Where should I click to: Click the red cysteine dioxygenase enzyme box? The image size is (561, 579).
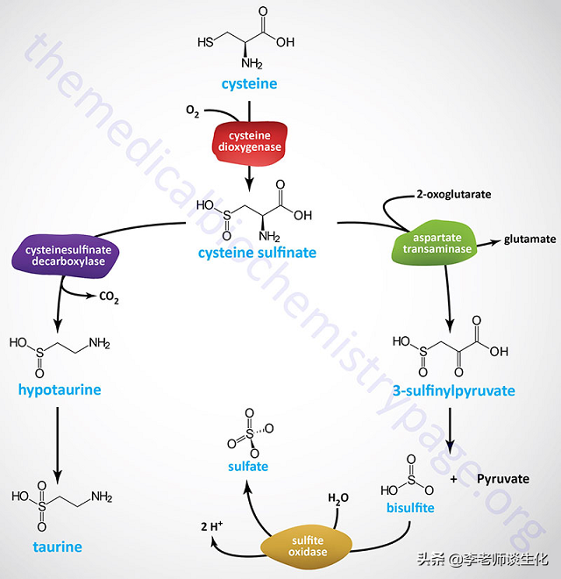pyautogui.click(x=250, y=141)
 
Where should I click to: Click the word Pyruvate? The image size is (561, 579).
pyautogui.click(x=503, y=478)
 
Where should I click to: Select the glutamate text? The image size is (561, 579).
pyautogui.click(x=529, y=239)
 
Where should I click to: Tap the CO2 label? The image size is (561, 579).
pyautogui.click(x=108, y=298)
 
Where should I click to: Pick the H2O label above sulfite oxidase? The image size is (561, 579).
pyautogui.click(x=338, y=498)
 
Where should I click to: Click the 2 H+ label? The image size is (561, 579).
pyautogui.click(x=212, y=525)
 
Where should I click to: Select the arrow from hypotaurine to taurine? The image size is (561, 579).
pyautogui.click(x=57, y=442)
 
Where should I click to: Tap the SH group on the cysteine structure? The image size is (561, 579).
pyautogui.click(x=205, y=41)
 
